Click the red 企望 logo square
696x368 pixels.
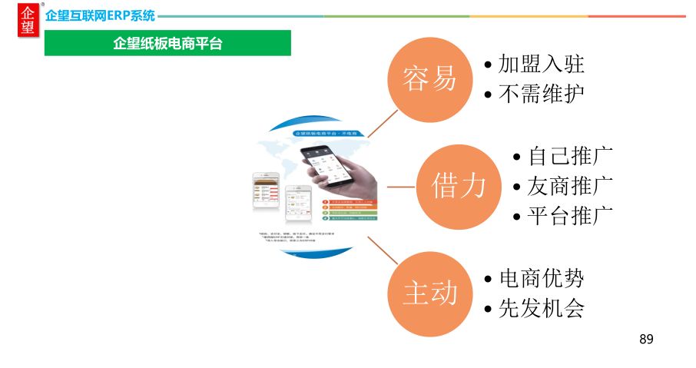[28, 20]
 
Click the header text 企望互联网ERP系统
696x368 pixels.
[100, 15]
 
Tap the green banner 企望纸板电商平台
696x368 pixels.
[167, 44]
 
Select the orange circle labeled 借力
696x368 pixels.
[458, 186]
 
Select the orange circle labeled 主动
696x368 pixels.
[430, 293]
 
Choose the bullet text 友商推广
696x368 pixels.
[569, 186]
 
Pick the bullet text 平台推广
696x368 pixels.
[569, 216]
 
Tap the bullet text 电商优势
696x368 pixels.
[541, 278]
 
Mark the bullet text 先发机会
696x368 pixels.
[541, 308]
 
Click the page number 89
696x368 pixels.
[646, 339]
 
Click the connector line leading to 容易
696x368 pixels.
[383, 123]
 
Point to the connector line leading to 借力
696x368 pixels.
[401, 186]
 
